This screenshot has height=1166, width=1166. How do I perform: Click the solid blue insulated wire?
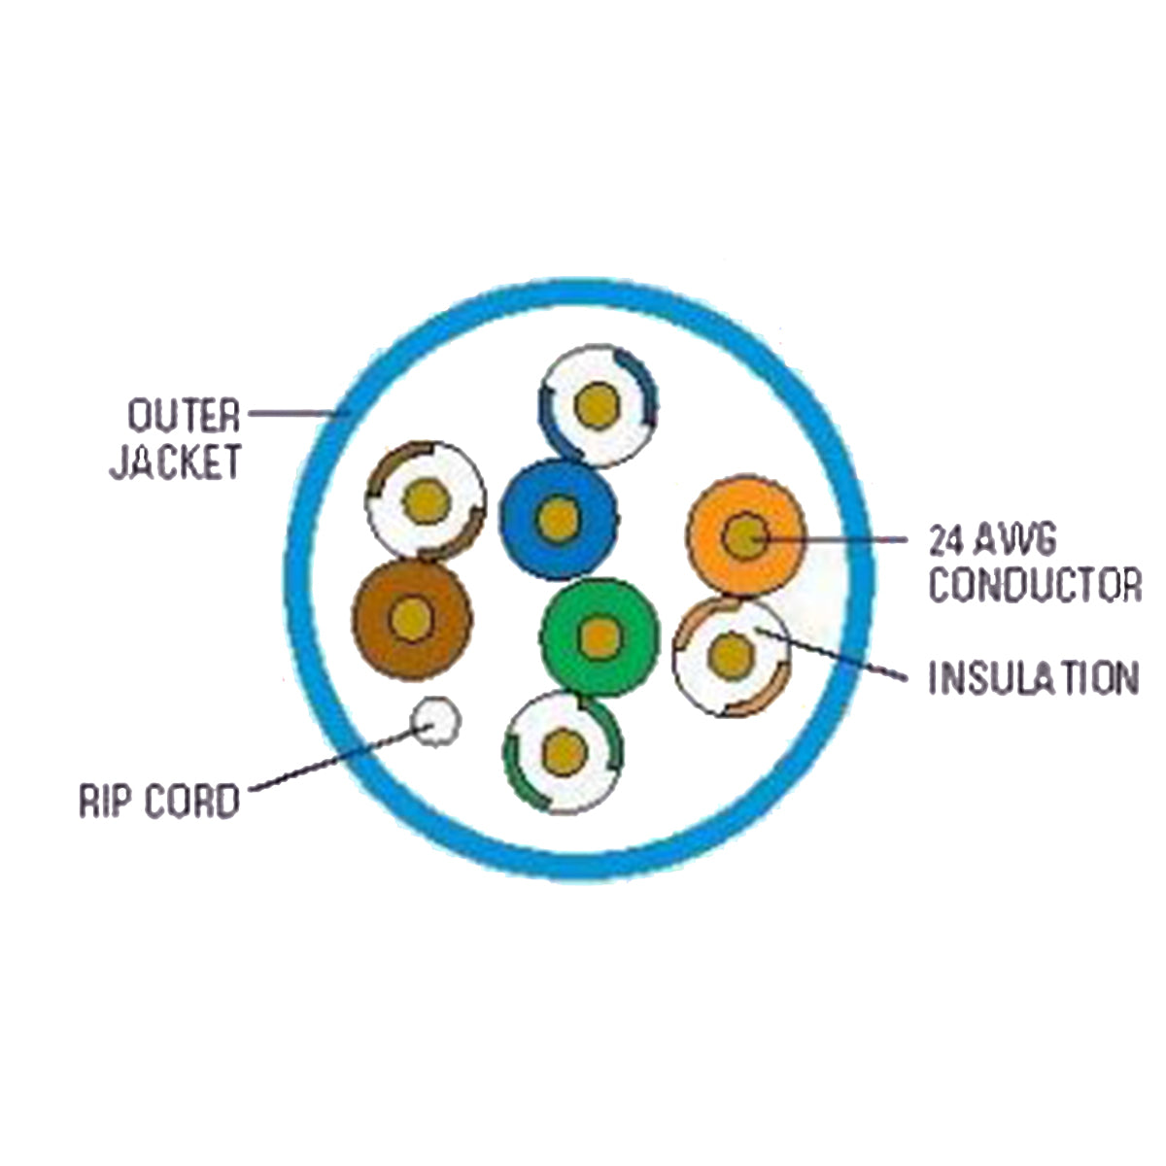point(558,518)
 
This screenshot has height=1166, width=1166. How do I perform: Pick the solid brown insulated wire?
point(413,616)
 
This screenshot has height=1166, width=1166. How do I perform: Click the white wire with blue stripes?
point(597,405)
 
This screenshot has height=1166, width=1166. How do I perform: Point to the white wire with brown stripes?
point(426,500)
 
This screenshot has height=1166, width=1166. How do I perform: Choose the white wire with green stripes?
point(563,751)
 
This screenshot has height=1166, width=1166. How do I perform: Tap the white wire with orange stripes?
point(730,657)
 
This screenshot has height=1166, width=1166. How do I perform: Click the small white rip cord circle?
point(435,722)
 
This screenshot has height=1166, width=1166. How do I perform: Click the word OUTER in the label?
point(184,415)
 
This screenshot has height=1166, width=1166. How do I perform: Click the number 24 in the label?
point(946,539)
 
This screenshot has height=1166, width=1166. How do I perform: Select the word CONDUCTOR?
point(1034,585)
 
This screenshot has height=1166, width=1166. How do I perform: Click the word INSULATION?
point(1032,677)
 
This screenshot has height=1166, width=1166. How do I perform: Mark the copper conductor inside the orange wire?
point(745,535)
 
